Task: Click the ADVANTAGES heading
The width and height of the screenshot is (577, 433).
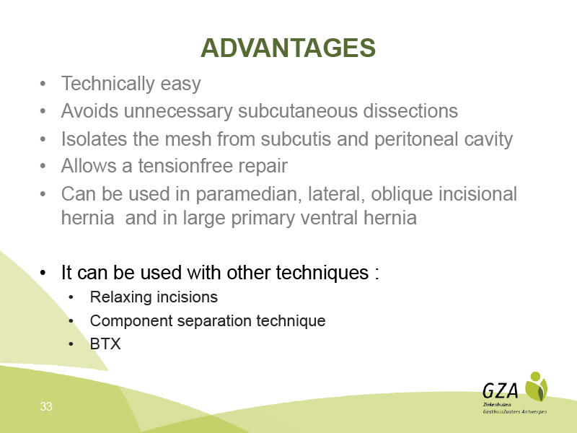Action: tap(288, 48)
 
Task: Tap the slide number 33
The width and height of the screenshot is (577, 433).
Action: tap(46, 406)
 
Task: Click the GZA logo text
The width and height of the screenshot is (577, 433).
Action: tap(501, 390)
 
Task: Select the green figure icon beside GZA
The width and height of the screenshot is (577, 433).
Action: tap(536, 386)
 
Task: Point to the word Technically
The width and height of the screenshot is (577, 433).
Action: tap(107, 84)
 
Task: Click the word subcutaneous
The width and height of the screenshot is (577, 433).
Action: tap(298, 111)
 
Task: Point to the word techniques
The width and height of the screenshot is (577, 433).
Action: tap(322, 274)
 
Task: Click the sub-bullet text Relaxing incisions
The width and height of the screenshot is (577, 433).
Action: tap(154, 297)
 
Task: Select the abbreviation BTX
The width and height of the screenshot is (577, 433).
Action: tap(105, 344)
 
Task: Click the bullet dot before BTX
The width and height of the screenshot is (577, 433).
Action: tap(71, 344)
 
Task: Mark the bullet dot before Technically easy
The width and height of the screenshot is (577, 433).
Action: tap(43, 84)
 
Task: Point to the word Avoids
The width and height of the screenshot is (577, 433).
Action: tap(89, 111)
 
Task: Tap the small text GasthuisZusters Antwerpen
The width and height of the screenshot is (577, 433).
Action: tap(515, 411)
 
